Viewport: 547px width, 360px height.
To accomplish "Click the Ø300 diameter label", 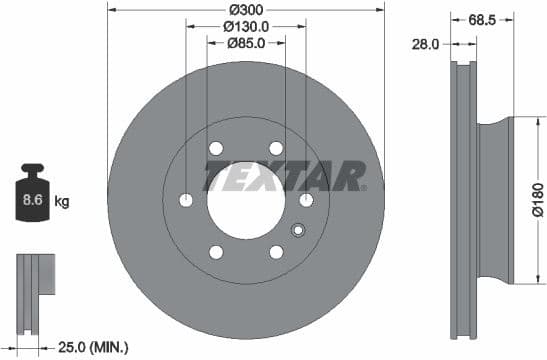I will pos(245,9).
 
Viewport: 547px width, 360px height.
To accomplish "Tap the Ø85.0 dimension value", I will pos(245,42).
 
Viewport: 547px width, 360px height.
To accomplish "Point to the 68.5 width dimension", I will pos(481,18).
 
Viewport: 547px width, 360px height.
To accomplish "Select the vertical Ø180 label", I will pos(536,199).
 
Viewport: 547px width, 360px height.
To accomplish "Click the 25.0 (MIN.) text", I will pos(93,347).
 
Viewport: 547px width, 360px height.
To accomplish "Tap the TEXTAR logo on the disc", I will pos(285,176).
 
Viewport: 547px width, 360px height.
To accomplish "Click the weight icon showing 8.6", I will pos(33,196).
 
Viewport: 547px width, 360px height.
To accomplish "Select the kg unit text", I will pos(62,202).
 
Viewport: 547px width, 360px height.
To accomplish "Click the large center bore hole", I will pos(245,200).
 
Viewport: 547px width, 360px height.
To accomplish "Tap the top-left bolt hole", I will pos(215,149).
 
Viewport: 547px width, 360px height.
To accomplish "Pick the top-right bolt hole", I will pos(276,149).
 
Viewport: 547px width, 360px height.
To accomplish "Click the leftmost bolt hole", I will pos(186,200).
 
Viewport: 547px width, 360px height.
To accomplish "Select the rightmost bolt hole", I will pos(306,200).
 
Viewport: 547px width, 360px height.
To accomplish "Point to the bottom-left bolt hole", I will pos(215,252).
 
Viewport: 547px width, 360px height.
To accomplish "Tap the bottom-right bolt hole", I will pos(276,252).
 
